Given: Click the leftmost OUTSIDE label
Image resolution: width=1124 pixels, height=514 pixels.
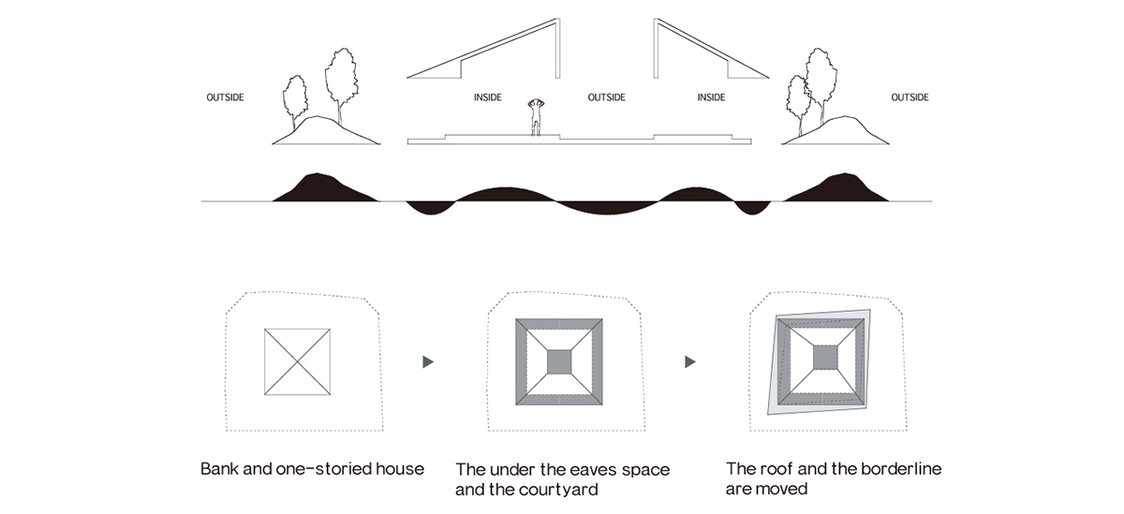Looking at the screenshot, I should (x=225, y=97).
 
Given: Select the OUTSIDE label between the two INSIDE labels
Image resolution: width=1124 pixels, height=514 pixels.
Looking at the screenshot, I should (x=606, y=97).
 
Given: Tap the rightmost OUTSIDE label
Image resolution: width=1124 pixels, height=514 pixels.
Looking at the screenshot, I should (x=910, y=97).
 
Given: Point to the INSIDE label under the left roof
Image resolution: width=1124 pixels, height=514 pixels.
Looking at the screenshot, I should (x=487, y=97).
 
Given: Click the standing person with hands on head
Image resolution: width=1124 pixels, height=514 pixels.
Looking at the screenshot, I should (x=537, y=116).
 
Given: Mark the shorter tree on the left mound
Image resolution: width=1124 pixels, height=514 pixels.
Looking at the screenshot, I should (x=296, y=101).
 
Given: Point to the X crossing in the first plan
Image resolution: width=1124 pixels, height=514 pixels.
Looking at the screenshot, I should (x=297, y=360).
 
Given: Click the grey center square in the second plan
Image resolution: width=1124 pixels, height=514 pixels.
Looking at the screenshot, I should (x=558, y=360).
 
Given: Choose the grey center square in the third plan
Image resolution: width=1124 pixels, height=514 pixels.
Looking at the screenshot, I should (x=824, y=359).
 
